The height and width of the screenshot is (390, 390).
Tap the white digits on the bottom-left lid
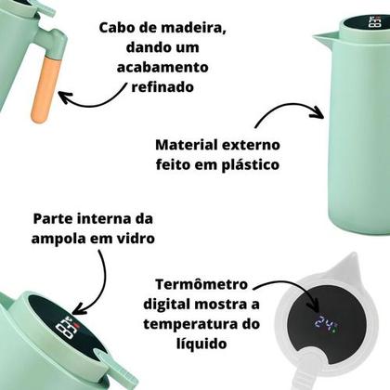[68, 329]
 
